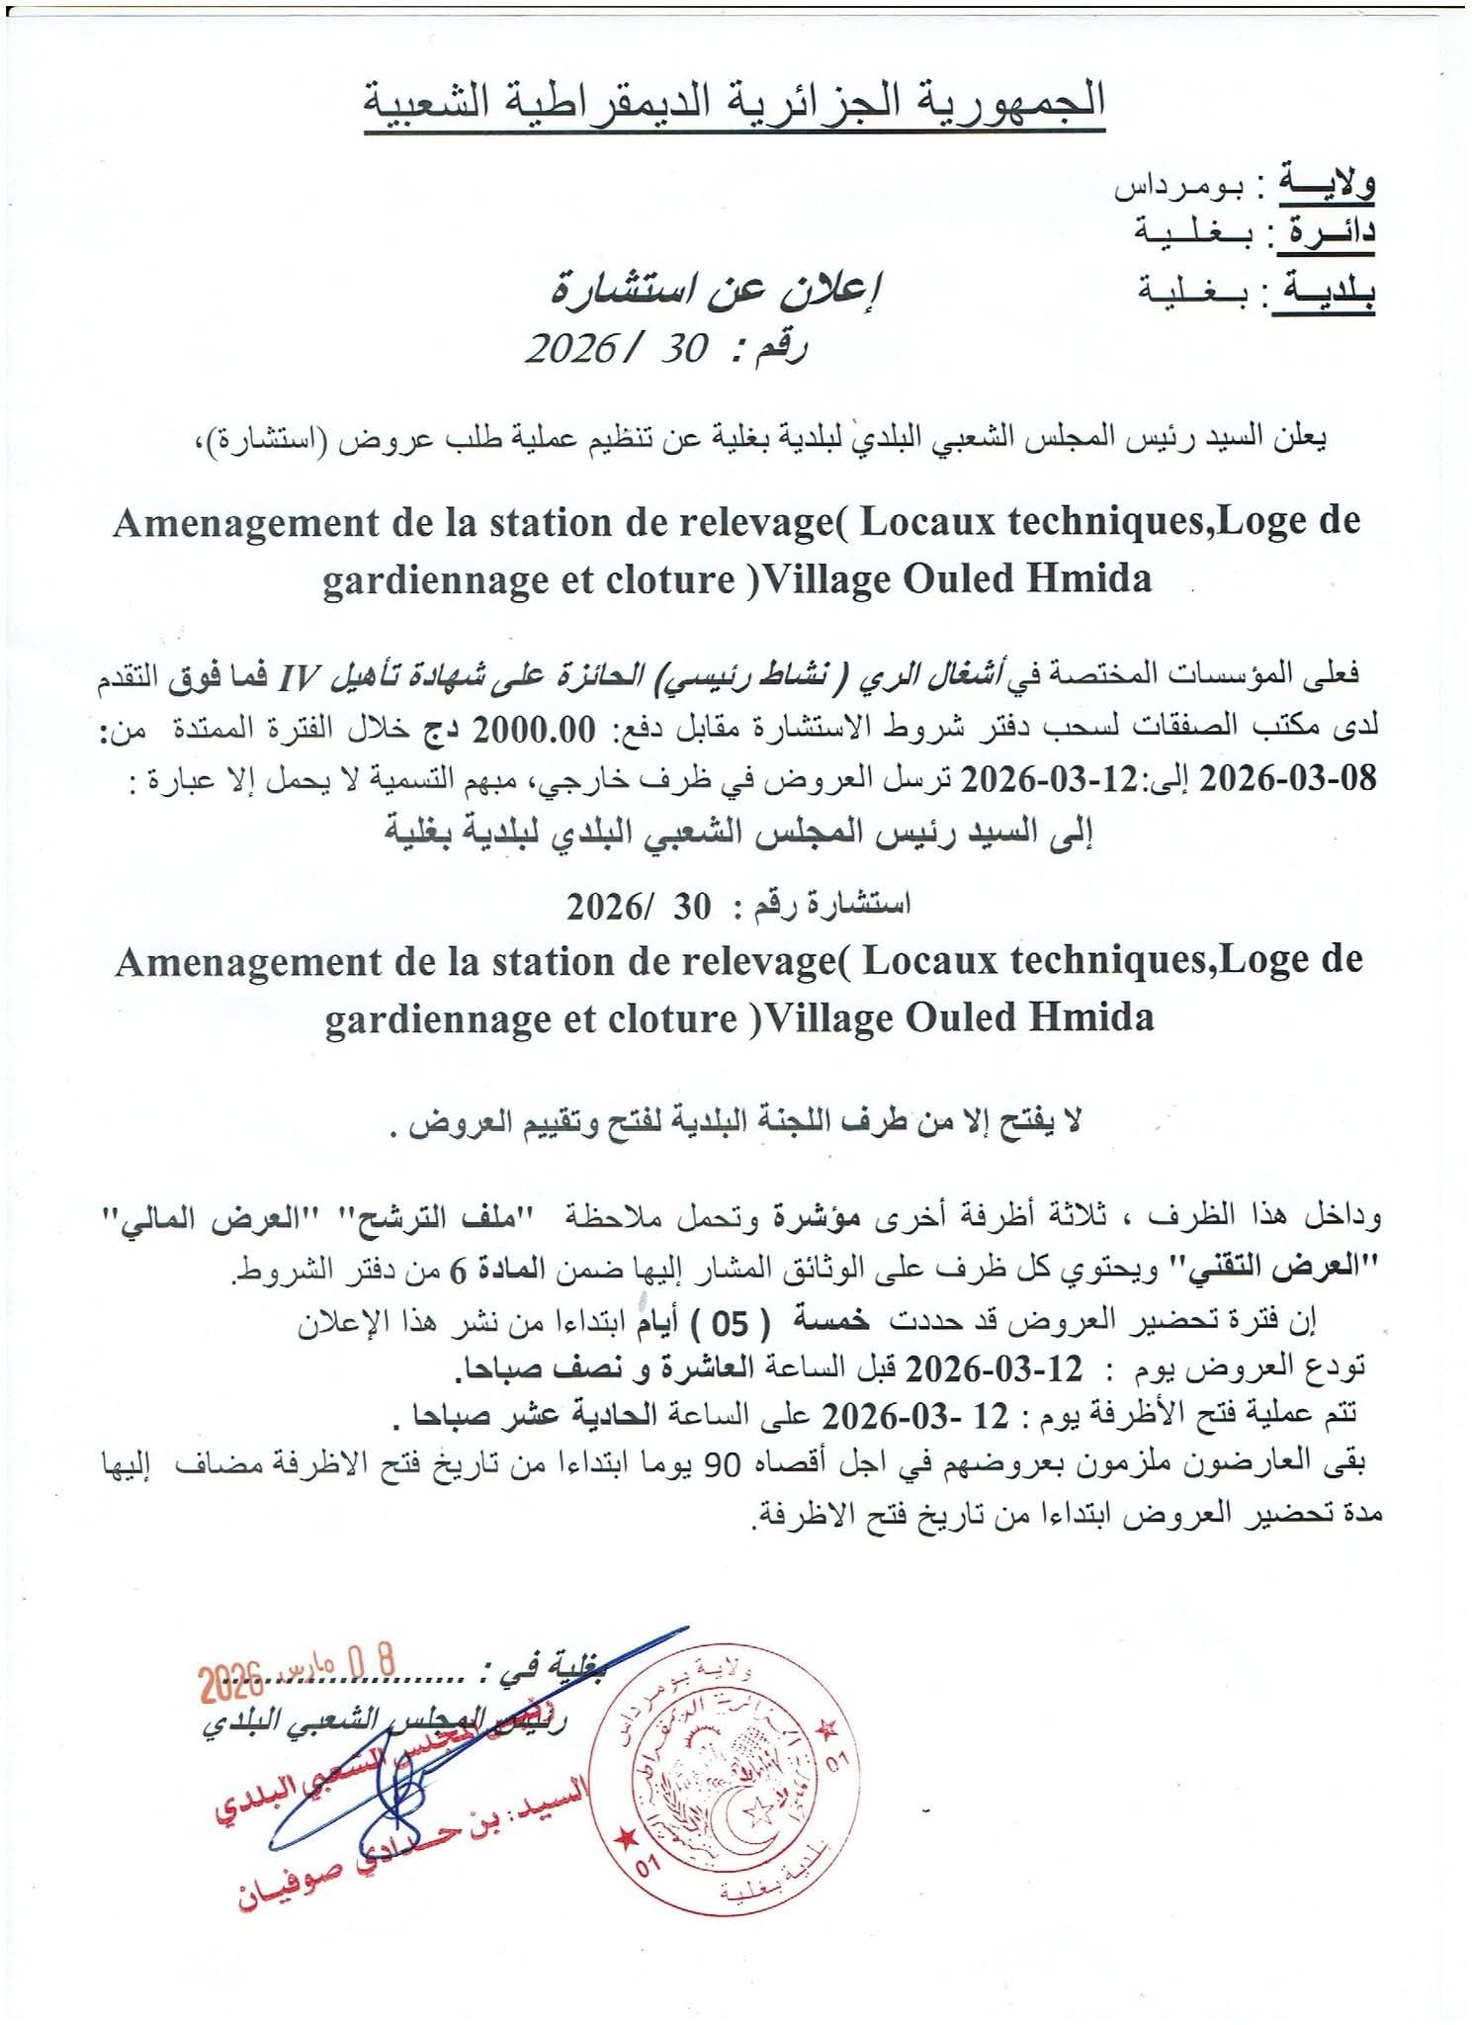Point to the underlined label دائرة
1330,232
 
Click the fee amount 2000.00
535,729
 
